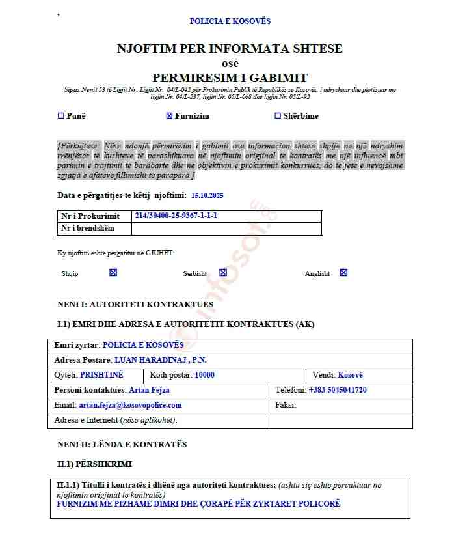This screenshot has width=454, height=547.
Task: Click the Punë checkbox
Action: pos(61,116)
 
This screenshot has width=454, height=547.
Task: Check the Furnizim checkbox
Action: pos(169,116)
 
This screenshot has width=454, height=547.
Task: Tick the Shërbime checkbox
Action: pos(278,116)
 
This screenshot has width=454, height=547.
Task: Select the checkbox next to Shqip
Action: pos(113,273)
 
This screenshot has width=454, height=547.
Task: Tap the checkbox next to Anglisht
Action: pos(343,273)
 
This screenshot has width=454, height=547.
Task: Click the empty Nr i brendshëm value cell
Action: pos(226,229)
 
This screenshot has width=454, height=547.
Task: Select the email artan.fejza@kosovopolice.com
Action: pos(130,405)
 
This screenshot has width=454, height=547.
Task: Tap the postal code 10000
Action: pos(200,375)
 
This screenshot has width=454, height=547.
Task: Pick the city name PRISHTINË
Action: pos(101,375)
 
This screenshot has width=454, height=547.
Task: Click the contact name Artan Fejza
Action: pos(149,390)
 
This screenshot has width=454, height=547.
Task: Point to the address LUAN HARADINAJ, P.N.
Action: pos(161,360)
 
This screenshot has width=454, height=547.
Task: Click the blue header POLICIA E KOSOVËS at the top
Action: pos(230,21)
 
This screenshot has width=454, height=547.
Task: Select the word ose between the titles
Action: pos(230,63)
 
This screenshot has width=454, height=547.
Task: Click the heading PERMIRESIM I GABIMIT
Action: pos(230,77)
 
